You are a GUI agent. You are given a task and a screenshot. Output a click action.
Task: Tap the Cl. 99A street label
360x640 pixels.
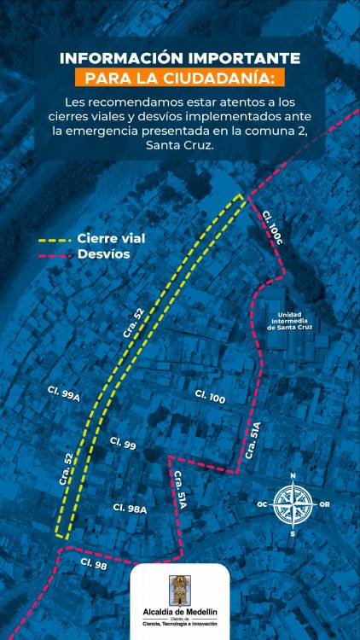click(x=64, y=393)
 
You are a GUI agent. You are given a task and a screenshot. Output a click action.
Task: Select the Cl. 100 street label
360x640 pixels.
click(x=210, y=397)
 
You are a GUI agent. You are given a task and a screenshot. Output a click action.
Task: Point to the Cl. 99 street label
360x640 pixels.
click(x=123, y=444)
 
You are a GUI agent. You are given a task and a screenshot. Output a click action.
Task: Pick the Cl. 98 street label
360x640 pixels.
click(x=95, y=563)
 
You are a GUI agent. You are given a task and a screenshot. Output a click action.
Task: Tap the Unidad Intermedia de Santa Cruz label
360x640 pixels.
click(x=295, y=321)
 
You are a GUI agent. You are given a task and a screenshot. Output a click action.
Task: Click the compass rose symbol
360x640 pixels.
click(x=293, y=504)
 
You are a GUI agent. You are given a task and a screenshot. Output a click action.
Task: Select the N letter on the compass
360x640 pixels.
click(x=293, y=476)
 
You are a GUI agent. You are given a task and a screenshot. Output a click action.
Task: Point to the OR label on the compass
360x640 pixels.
click(x=324, y=504)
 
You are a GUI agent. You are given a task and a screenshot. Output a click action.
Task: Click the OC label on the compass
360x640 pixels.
click(x=262, y=504)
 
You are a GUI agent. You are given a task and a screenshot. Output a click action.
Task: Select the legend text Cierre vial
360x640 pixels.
click(x=111, y=238)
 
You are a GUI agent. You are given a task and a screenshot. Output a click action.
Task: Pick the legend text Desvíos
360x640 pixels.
click(x=103, y=254)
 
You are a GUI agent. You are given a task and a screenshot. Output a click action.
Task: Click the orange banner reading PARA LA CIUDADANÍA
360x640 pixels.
click(x=180, y=79)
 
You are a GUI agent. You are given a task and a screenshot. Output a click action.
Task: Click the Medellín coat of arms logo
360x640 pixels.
click(x=180, y=590)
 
